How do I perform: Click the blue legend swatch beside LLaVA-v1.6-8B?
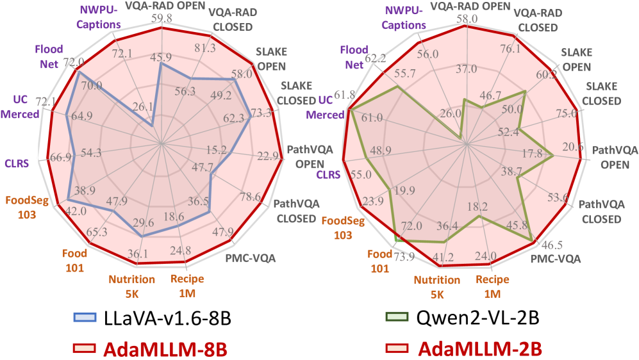point(85,317)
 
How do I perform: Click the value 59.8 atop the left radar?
point(162,19)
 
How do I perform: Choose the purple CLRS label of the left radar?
point(17,163)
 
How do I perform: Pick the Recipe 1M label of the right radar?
point(492,286)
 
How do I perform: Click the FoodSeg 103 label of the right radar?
point(343,228)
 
